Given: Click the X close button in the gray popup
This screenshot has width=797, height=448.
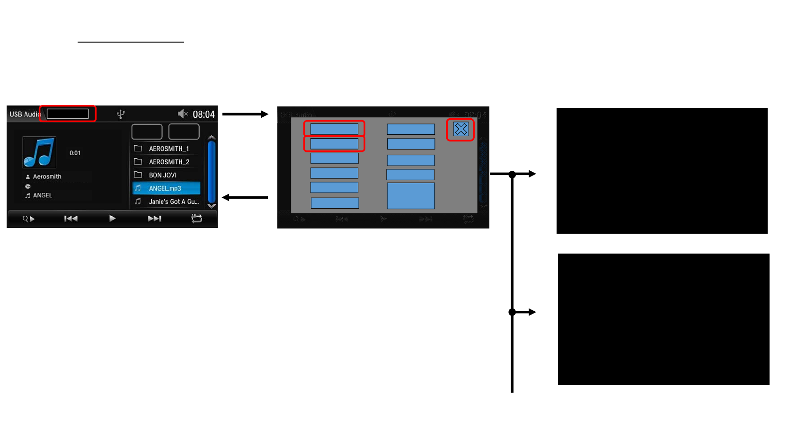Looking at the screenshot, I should pyautogui.click(x=460, y=129).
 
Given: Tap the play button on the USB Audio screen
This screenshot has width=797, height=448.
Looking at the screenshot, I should pyautogui.click(x=112, y=219).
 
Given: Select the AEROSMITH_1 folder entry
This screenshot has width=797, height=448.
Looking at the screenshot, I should pyautogui.click(x=168, y=149).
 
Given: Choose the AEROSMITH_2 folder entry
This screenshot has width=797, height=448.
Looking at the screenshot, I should pyautogui.click(x=168, y=162).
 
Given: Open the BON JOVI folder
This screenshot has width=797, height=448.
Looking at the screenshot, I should pyautogui.click(x=162, y=175).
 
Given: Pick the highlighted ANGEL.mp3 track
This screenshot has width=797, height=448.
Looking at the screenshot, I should pyautogui.click(x=165, y=188).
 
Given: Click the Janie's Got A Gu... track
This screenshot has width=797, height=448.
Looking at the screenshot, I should pyautogui.click(x=173, y=202).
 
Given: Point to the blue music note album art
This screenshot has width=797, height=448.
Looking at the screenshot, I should pyautogui.click(x=39, y=152).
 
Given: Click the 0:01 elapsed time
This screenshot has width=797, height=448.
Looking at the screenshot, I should pyautogui.click(x=75, y=153).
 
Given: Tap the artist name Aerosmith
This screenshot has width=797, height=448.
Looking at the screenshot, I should pyautogui.click(x=47, y=176).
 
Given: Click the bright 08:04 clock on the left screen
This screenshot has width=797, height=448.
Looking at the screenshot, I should pyautogui.click(x=204, y=114).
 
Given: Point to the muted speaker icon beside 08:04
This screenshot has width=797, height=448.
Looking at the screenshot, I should pyautogui.click(x=183, y=114).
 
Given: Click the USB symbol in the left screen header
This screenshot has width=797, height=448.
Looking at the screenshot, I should pyautogui.click(x=121, y=114).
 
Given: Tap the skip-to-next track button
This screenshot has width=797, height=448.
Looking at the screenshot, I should pyautogui.click(x=154, y=219).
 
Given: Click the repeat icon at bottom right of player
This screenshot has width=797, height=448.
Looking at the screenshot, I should pyautogui.click(x=196, y=218).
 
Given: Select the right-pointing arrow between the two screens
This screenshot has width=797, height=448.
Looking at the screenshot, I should pyautogui.click(x=245, y=114).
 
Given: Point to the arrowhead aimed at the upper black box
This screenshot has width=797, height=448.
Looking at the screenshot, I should pyautogui.click(x=532, y=174).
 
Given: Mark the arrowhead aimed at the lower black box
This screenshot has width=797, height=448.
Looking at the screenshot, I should pyautogui.click(x=532, y=312).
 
